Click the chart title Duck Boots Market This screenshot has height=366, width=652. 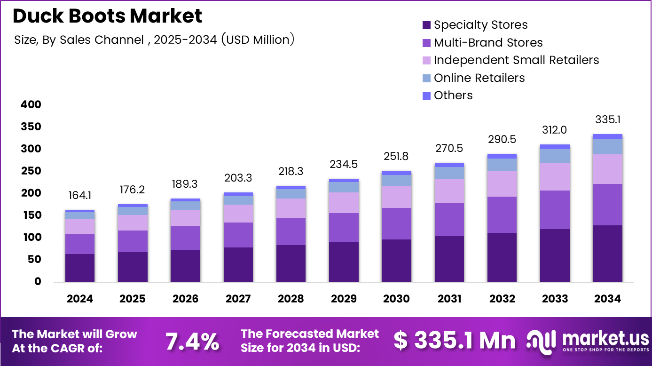pos(107,16)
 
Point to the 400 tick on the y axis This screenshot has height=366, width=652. pos(31,104)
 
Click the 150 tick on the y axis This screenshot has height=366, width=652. pos(31,215)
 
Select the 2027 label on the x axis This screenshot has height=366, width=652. pos(238,299)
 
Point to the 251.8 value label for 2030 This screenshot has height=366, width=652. pos(396,156)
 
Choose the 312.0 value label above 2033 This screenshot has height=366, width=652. pos(554,130)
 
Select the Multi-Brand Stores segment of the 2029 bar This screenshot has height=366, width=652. pos(344,228)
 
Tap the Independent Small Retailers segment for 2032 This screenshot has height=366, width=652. pos(502,184)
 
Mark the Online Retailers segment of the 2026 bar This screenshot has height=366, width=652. pos(185,206)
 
